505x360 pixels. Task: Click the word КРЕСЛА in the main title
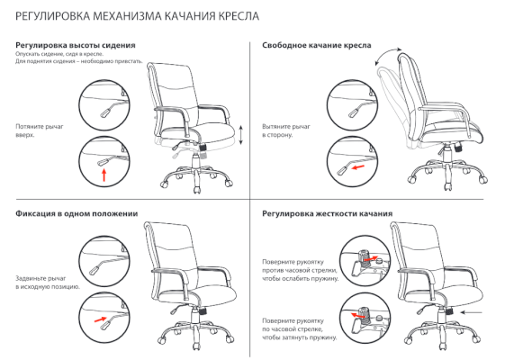click(x=239, y=16)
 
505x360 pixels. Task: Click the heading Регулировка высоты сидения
click(x=76, y=45)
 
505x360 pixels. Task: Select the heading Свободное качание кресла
click(x=317, y=45)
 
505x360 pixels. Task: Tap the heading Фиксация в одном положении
click(x=77, y=214)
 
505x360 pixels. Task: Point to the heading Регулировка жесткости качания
click(x=328, y=214)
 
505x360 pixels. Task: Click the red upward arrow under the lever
click(x=104, y=175)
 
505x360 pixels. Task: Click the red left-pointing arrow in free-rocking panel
click(x=358, y=167)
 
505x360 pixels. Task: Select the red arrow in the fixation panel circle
click(x=101, y=319)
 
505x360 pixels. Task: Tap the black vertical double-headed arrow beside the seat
click(x=241, y=135)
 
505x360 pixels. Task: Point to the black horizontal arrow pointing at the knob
click(x=472, y=312)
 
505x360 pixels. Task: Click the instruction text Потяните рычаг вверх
click(x=40, y=130)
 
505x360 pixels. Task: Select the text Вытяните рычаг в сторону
click(x=286, y=130)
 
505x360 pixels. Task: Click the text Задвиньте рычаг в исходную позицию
click(x=48, y=283)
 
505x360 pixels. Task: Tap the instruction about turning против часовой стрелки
click(x=301, y=270)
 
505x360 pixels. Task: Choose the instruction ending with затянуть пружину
click(x=300, y=329)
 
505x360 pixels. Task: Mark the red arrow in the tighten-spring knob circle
click(x=356, y=315)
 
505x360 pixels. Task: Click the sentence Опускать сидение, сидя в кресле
click(x=59, y=54)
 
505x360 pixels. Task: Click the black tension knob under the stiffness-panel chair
click(x=449, y=310)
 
